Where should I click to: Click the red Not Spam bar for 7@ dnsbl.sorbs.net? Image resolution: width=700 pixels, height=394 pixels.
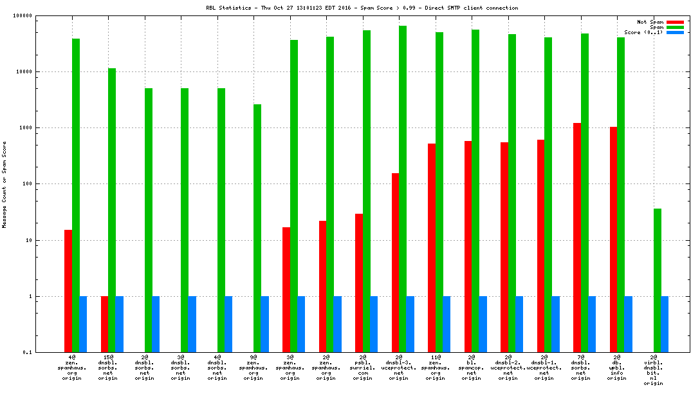(x=577, y=238)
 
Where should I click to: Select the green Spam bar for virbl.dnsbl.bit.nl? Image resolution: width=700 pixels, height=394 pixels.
(x=658, y=280)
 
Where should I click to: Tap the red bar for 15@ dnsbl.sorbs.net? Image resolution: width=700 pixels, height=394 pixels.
(x=105, y=324)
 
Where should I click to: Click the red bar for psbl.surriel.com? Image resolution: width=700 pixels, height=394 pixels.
(x=359, y=283)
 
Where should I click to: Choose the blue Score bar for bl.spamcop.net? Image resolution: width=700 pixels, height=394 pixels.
(x=483, y=324)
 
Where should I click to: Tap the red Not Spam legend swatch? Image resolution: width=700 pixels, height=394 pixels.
(x=675, y=22)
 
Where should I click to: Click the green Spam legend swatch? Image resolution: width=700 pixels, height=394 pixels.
(x=675, y=27)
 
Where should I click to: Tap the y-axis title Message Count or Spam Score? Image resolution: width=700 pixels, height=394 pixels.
(x=5, y=184)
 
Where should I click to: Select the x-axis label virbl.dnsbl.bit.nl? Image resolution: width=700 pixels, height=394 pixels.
(x=654, y=370)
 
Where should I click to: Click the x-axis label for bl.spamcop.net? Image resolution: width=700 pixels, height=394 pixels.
(x=472, y=367)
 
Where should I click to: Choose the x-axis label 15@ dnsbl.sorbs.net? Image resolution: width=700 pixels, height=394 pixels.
(x=108, y=367)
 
